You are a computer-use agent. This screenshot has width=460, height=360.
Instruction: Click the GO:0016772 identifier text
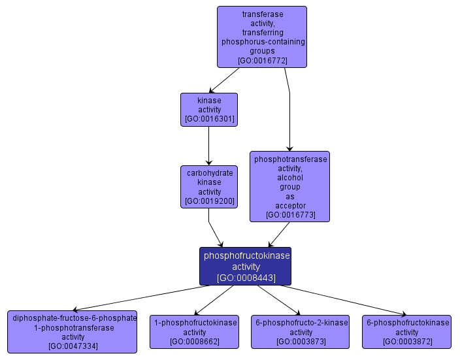pos(262,60)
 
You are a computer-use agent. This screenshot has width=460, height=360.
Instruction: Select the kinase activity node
pos(209,110)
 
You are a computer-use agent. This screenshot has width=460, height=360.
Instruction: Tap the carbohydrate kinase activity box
pos(209,187)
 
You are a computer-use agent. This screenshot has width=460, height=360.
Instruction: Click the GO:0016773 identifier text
pos(289,214)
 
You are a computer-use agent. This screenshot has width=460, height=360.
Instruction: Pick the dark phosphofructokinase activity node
pos(245,266)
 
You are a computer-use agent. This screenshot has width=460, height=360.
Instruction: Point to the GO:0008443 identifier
pos(245,278)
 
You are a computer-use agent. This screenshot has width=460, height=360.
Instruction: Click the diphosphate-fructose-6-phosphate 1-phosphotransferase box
pos(73,331)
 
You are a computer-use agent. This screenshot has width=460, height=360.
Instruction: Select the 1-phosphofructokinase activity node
pos(194,331)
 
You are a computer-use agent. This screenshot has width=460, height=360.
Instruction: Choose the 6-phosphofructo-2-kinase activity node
pos(301,331)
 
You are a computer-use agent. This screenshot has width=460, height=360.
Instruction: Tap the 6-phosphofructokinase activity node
pos(408,331)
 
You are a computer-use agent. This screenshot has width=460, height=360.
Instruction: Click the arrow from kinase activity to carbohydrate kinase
pos(209,146)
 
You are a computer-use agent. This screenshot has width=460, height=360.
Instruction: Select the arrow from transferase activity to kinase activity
pos(223,80)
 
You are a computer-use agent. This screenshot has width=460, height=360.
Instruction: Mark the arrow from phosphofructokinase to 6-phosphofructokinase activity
pos(346,300)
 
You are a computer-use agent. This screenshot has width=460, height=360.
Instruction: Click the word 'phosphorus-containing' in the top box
pos(262,42)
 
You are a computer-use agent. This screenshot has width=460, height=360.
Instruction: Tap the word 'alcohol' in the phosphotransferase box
pos(289,177)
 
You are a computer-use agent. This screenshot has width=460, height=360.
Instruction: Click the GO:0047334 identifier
pos(73,346)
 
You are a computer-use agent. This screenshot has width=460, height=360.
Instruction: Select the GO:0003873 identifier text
pos(301,342)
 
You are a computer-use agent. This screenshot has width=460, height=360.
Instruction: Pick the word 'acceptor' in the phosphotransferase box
pos(289,205)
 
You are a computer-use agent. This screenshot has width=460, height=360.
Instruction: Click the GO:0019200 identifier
pos(209,201)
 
